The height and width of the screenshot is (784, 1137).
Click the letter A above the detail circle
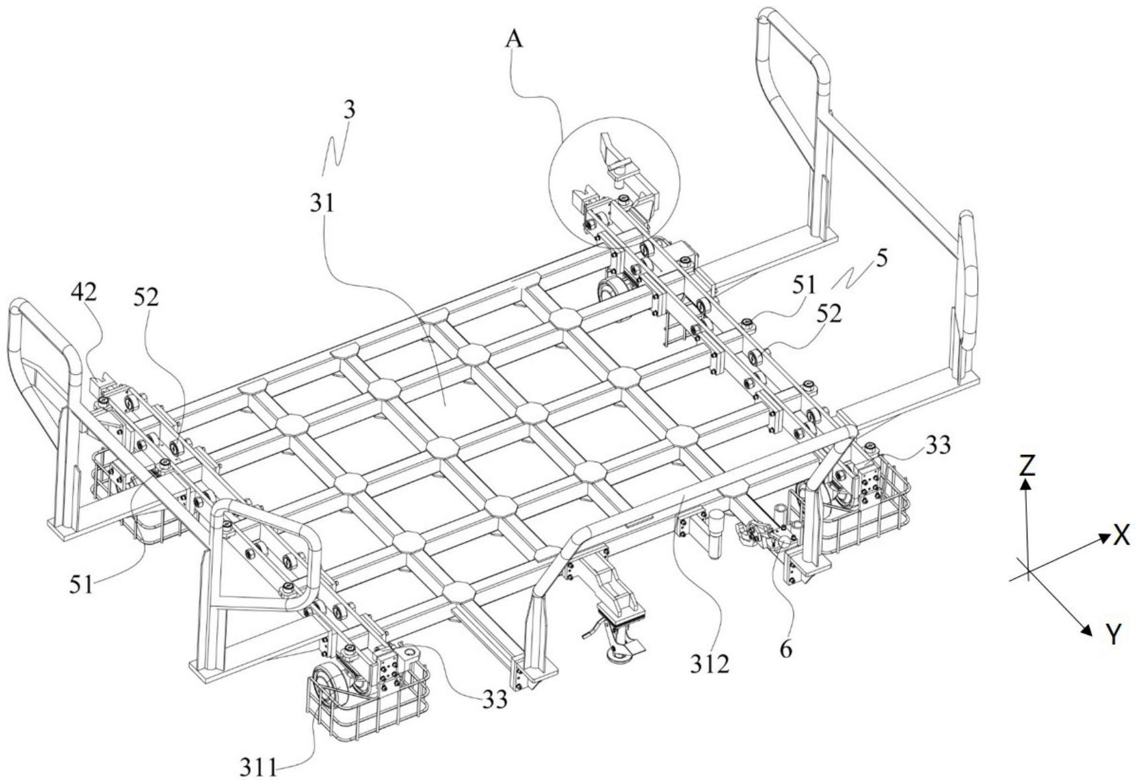tap(514, 39)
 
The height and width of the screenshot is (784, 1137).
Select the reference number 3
tap(350, 109)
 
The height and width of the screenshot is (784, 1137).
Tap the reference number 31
tap(322, 203)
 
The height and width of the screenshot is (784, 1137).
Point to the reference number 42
tap(84, 292)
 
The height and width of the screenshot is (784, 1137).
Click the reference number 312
tap(710, 664)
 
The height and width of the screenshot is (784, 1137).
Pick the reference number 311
tap(258, 769)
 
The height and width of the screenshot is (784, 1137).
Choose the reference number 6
tap(785, 649)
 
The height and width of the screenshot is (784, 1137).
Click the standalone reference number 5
tap(882, 257)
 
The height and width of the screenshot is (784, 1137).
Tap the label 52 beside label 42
tap(146, 297)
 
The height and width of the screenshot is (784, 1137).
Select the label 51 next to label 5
tap(804, 285)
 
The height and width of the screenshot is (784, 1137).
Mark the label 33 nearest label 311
tap(494, 699)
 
